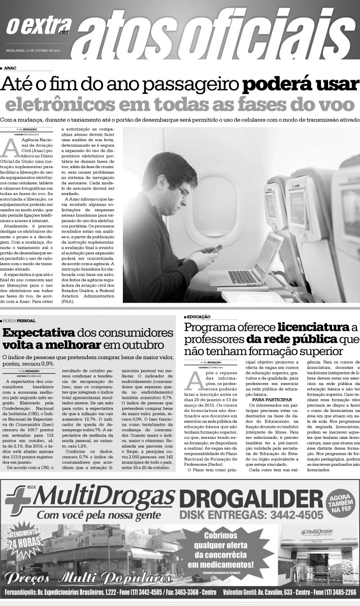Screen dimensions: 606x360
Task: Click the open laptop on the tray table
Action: point(254,262)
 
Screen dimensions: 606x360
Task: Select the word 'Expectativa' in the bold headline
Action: point(39,333)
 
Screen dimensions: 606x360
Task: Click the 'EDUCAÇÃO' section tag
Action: point(199,316)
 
